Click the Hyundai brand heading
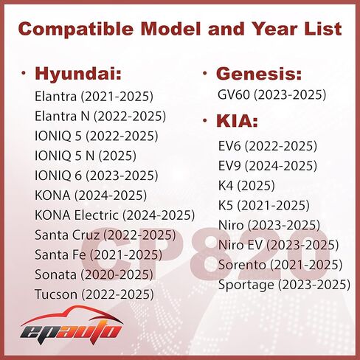(x=78, y=74)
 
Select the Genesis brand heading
(x=259, y=74)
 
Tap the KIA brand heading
(x=237, y=121)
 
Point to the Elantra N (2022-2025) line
(x=100, y=116)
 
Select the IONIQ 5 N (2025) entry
(x=86, y=156)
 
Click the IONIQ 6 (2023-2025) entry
(x=97, y=176)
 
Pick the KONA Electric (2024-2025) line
(x=114, y=215)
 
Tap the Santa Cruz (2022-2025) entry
(x=105, y=235)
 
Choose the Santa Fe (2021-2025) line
(x=98, y=255)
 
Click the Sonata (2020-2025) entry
(x=94, y=274)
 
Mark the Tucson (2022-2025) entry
(x=94, y=294)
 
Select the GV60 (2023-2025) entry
(x=272, y=95)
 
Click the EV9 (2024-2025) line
(x=268, y=166)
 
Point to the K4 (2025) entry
(x=246, y=186)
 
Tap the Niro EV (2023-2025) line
(x=278, y=245)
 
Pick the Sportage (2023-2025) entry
(x=284, y=285)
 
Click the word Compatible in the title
(x=76, y=29)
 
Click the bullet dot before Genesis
(x=205, y=73)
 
